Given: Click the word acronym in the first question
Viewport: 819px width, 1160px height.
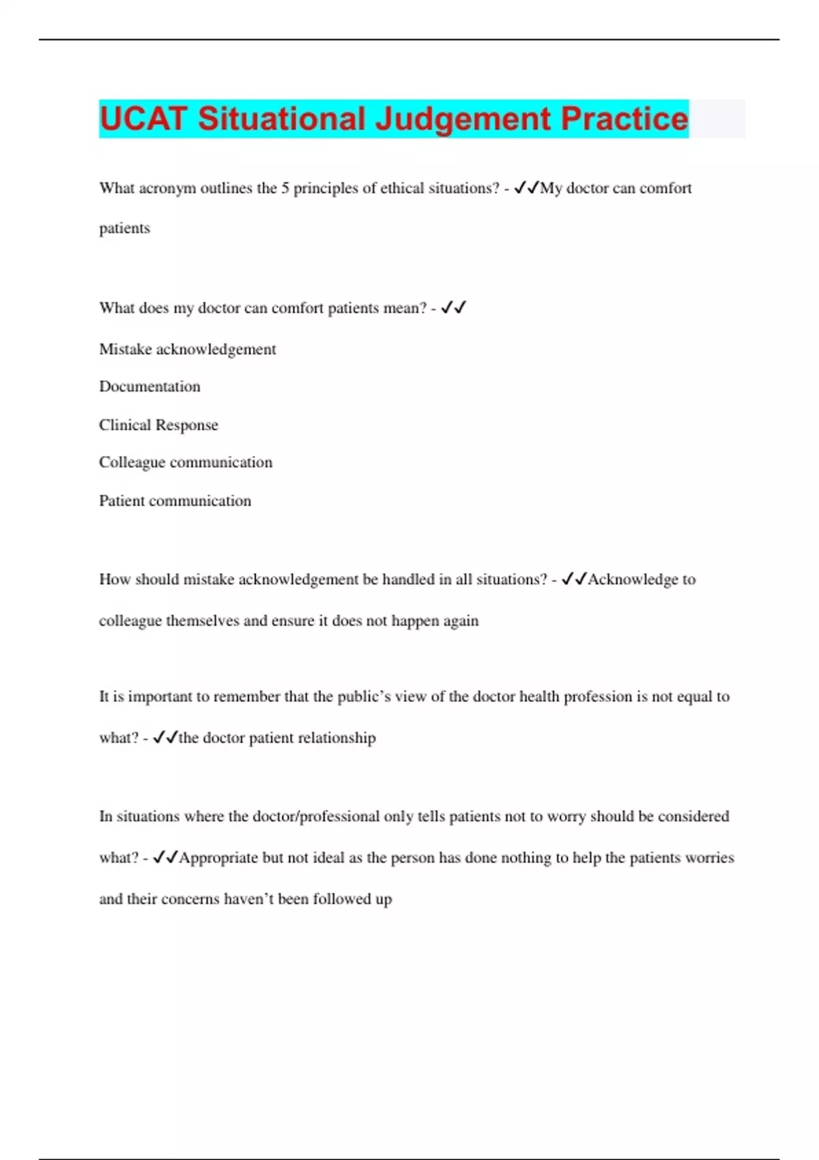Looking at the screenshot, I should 167,188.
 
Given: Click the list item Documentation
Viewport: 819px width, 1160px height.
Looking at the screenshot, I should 149,387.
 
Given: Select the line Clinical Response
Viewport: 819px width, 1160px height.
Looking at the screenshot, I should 158,425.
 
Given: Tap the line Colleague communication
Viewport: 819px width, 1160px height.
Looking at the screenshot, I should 185,463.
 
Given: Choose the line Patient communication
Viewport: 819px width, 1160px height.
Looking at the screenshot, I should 175,501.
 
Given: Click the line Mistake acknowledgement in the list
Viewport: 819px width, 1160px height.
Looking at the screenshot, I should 187,349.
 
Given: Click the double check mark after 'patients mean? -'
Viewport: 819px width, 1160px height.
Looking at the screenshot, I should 453,308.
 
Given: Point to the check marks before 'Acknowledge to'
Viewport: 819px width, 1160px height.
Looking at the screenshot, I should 573,579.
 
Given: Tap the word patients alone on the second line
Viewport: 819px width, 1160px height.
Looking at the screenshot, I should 124,229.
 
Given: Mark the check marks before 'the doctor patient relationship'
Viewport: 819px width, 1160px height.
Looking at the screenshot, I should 165,738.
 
